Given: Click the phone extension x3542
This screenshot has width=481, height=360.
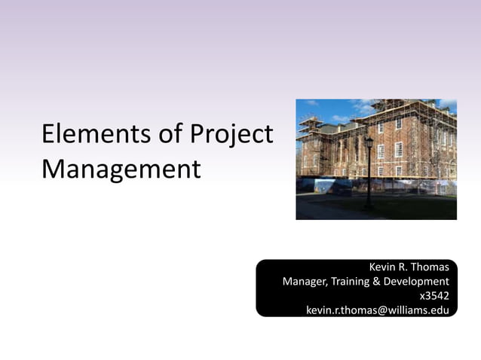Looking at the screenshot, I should tap(434, 296).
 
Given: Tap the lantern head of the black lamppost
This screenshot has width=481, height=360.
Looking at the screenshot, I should tap(369, 142).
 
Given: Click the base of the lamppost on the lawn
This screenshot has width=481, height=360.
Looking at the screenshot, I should tap(368, 206).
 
